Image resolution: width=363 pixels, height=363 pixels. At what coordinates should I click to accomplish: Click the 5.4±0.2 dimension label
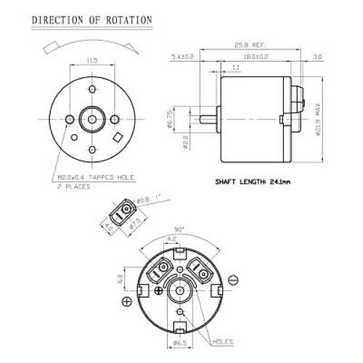pyautogui.click(x=182, y=55)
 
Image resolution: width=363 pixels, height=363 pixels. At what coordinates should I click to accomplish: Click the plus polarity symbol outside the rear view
pyautogui.click(x=126, y=301)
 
